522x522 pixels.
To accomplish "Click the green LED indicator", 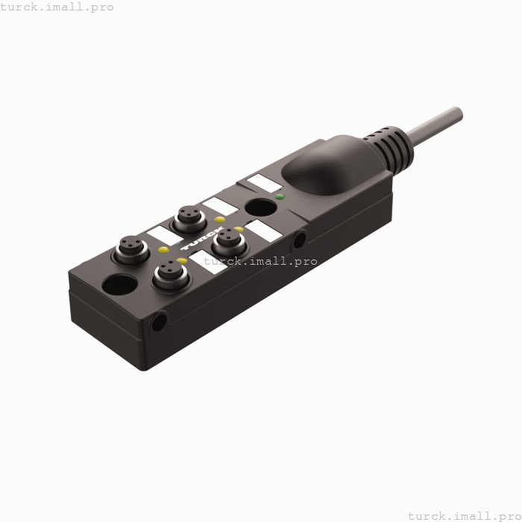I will pos(279,197).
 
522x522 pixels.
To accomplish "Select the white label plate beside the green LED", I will pos(264,182).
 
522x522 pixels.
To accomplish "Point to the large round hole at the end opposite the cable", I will pos(119,285).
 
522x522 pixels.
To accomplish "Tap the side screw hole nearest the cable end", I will pos(300,239).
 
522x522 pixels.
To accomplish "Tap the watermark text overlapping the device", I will pos(260,261).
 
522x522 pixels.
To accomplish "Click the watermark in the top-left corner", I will pos(57,7).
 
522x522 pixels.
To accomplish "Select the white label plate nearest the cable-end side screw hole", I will pos(266,230).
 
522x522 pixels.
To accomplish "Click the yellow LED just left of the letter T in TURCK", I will pos(163,250).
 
